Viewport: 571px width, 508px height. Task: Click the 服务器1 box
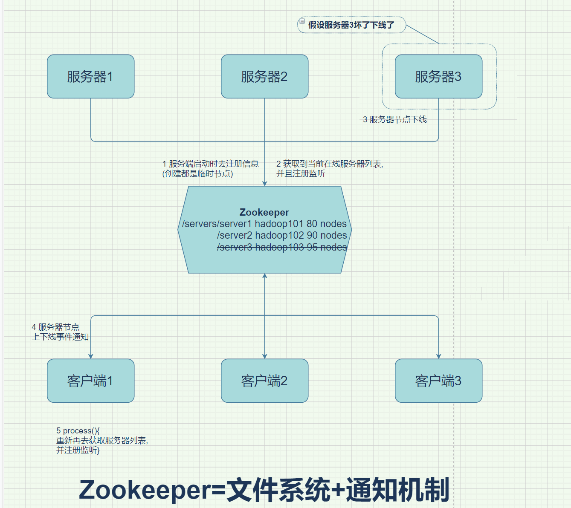click(x=90, y=77)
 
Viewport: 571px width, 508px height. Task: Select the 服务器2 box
click(x=264, y=77)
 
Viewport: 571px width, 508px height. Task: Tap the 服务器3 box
click(x=438, y=77)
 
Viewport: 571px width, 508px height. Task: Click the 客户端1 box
click(x=90, y=381)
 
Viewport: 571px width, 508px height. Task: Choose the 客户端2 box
click(x=264, y=381)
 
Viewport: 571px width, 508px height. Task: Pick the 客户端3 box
click(x=438, y=381)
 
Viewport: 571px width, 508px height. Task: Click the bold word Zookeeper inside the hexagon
click(x=264, y=212)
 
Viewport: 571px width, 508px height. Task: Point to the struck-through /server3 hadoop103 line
click(x=282, y=247)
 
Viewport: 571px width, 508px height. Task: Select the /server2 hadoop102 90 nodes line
click(x=282, y=235)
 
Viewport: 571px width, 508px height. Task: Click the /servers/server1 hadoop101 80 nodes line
click(x=264, y=224)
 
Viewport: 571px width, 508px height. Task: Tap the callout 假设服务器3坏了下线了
click(x=351, y=25)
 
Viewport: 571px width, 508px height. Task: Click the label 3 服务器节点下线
click(x=395, y=120)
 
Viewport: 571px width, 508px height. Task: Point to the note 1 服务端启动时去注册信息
click(x=210, y=164)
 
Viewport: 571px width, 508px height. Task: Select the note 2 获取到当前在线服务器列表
click(x=330, y=164)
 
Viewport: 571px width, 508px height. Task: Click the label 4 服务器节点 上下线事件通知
click(x=60, y=332)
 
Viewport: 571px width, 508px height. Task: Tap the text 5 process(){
click(x=78, y=431)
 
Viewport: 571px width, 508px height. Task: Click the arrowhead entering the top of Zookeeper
click(x=265, y=183)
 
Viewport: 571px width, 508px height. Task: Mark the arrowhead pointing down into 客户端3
click(x=439, y=356)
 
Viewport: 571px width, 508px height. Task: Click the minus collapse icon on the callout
click(x=302, y=21)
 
